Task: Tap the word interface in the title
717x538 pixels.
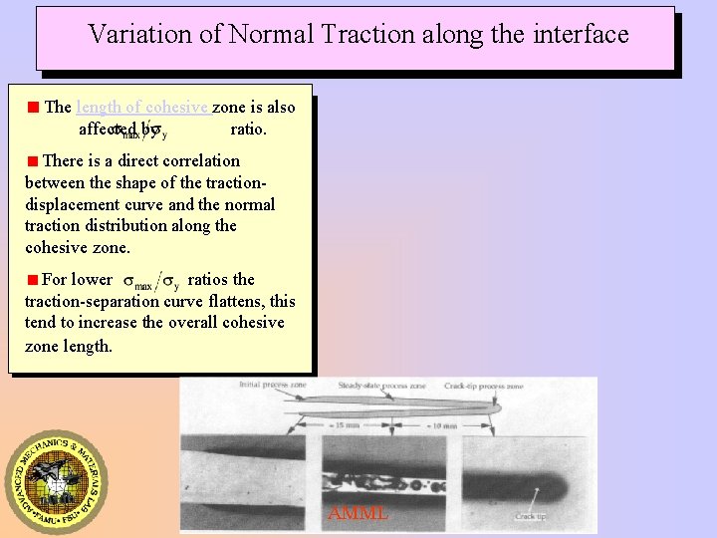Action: pyautogui.click(x=580, y=35)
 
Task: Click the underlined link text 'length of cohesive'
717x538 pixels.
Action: pyautogui.click(x=142, y=108)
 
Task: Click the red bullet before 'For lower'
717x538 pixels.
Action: pyautogui.click(x=33, y=280)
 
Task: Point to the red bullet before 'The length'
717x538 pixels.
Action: pyautogui.click(x=33, y=108)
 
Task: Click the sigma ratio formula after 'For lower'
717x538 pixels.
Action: pyautogui.click(x=150, y=281)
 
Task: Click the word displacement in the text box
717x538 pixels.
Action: pyautogui.click(x=66, y=204)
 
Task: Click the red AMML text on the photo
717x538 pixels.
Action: pyautogui.click(x=358, y=514)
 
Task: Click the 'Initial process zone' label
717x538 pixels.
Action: pyautogui.click(x=272, y=385)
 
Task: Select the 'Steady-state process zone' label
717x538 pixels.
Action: pyautogui.click(x=383, y=385)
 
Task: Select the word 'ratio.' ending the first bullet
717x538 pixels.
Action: pyautogui.click(x=248, y=129)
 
